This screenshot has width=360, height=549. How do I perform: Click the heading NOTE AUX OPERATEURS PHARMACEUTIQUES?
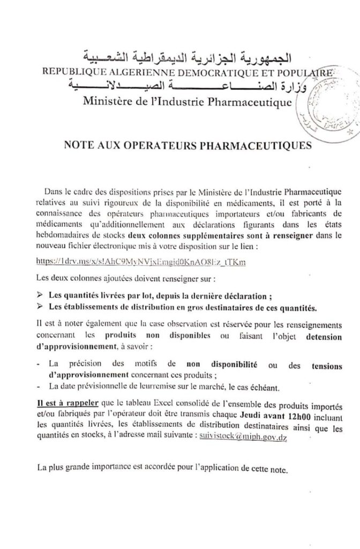tap(187, 144)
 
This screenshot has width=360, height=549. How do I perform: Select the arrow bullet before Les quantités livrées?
tap(41, 295)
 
